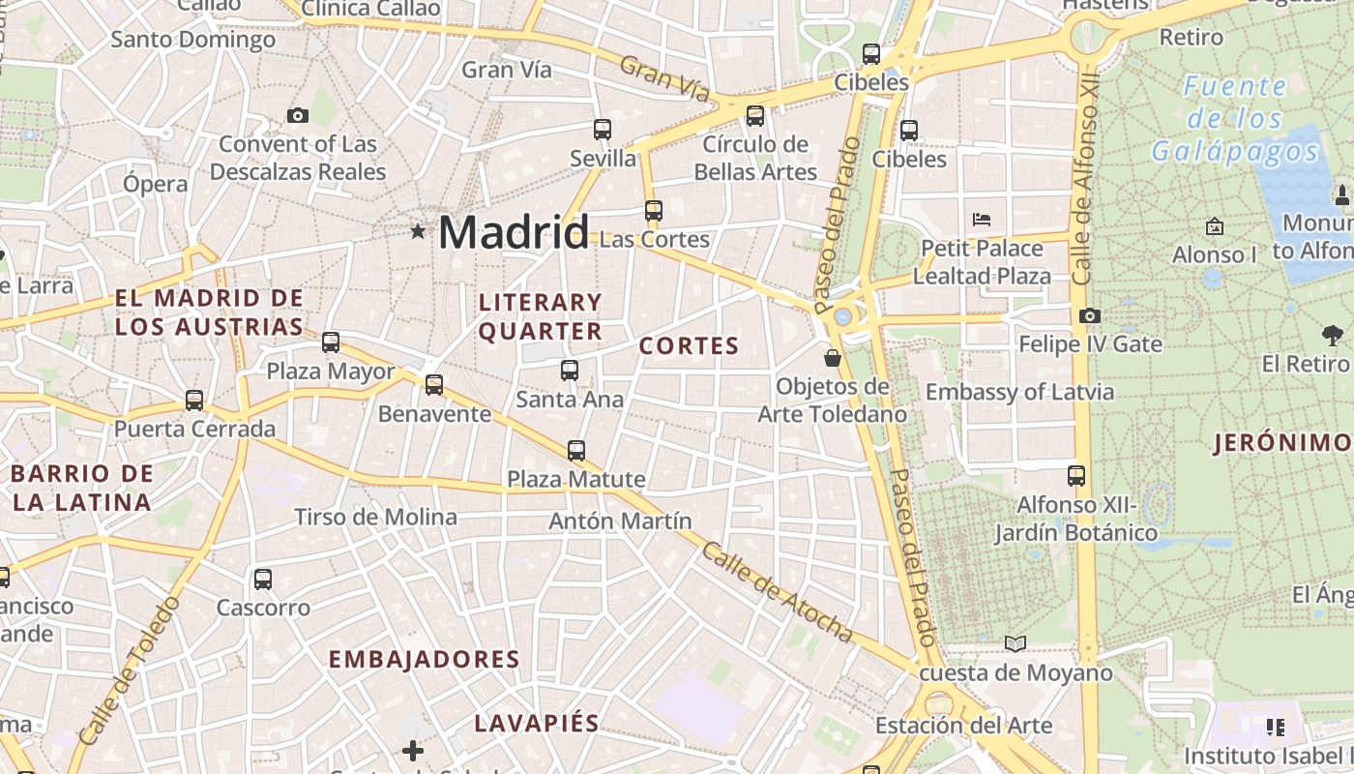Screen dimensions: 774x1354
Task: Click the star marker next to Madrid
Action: [418, 232]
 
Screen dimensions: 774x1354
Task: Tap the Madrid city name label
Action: [513, 233]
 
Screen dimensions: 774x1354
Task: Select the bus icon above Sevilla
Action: [603, 129]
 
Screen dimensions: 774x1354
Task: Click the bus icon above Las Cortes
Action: [654, 210]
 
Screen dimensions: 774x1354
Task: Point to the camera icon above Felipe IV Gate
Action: [1090, 315]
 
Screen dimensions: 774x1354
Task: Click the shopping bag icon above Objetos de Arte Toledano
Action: [832, 359]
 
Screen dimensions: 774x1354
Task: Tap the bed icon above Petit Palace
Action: [982, 219]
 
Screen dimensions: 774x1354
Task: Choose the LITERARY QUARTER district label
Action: [541, 317]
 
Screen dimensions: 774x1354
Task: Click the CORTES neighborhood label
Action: [689, 346]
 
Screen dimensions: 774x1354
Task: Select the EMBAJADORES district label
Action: [425, 660]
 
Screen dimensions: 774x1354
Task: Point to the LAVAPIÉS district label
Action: [537, 724]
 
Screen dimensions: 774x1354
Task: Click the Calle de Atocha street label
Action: [777, 593]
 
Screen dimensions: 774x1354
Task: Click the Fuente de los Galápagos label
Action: [1235, 119]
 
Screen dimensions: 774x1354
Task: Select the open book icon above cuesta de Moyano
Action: [1015, 643]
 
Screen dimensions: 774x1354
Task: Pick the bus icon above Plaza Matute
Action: [576, 450]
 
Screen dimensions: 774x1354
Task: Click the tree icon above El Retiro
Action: [1332, 336]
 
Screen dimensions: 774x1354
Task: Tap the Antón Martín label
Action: [620, 521]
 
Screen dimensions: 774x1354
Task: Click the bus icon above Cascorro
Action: [263, 580]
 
